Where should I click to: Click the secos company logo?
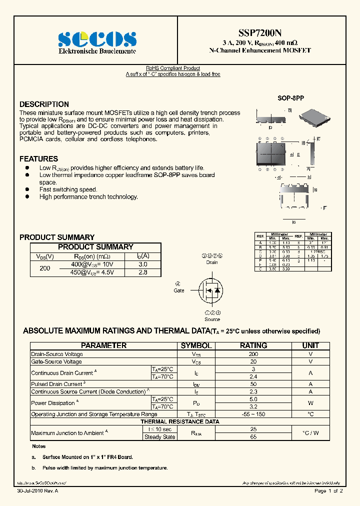point(97,39)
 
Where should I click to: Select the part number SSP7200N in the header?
point(259,31)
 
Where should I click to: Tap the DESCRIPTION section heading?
point(44,104)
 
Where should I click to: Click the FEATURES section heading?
point(38,159)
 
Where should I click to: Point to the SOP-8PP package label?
point(290,98)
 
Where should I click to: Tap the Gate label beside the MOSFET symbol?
point(179,290)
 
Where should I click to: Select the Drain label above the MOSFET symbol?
point(212,262)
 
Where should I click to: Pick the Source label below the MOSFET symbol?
point(212,319)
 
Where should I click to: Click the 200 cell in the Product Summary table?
point(45,268)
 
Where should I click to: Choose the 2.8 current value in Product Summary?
point(142,272)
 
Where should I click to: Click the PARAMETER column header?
point(104,345)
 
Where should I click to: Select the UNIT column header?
point(310,345)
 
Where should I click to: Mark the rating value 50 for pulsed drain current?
point(253,384)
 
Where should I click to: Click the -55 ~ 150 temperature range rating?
point(253,414)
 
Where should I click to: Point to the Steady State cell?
point(159,437)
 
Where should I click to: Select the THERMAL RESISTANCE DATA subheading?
point(179,421)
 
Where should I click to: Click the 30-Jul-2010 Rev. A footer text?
point(37,491)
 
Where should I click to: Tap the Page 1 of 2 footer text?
point(328,491)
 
